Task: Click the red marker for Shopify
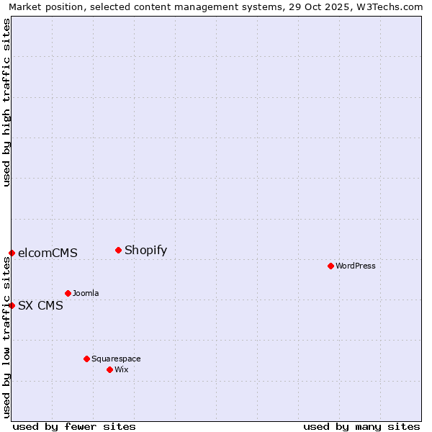[x=118, y=251]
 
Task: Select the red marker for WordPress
[x=330, y=266]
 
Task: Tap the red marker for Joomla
[x=68, y=293]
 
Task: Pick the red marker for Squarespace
[x=86, y=359]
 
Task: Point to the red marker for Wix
[x=109, y=369]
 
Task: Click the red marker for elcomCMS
[x=12, y=253]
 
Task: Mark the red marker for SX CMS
[x=12, y=305]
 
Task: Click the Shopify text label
[x=145, y=251]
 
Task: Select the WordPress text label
[x=356, y=266]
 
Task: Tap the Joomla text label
[x=86, y=294]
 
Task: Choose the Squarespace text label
[x=116, y=359]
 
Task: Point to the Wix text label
[x=122, y=370]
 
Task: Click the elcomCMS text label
[x=48, y=253]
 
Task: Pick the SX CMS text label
[x=40, y=306]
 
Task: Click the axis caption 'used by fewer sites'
[x=74, y=426]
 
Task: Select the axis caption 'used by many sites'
[x=361, y=426]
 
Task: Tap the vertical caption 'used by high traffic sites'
[x=6, y=102]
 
